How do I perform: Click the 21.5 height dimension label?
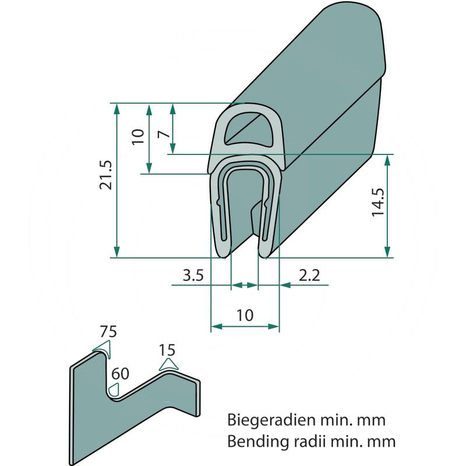tap(105, 175)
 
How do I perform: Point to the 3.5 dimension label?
tap(192, 276)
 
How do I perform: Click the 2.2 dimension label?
tap(308, 276)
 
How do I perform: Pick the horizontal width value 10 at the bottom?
tap(245, 315)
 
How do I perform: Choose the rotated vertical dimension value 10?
tap(137, 137)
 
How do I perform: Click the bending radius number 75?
tap(108, 332)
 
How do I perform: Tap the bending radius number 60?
tap(120, 373)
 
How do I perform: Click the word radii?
tap(307, 441)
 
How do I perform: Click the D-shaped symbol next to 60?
tap(115, 389)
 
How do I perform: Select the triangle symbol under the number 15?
tap(169, 365)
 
